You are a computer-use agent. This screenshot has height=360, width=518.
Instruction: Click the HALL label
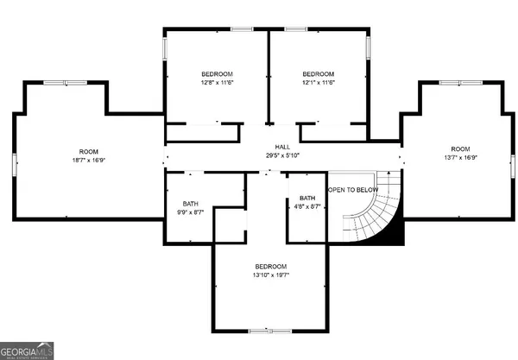click(x=282, y=148)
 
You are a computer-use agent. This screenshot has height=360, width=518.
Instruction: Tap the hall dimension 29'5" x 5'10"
click(x=282, y=156)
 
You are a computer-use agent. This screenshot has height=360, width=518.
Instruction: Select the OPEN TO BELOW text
click(x=351, y=189)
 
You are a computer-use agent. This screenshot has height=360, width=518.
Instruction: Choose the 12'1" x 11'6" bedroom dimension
click(x=318, y=84)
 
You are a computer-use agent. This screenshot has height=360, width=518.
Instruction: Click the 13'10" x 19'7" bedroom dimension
click(x=270, y=275)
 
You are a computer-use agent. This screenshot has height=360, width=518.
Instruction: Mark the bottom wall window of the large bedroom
click(x=260, y=331)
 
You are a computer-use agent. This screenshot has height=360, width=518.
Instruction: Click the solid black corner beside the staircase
click(x=394, y=231)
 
